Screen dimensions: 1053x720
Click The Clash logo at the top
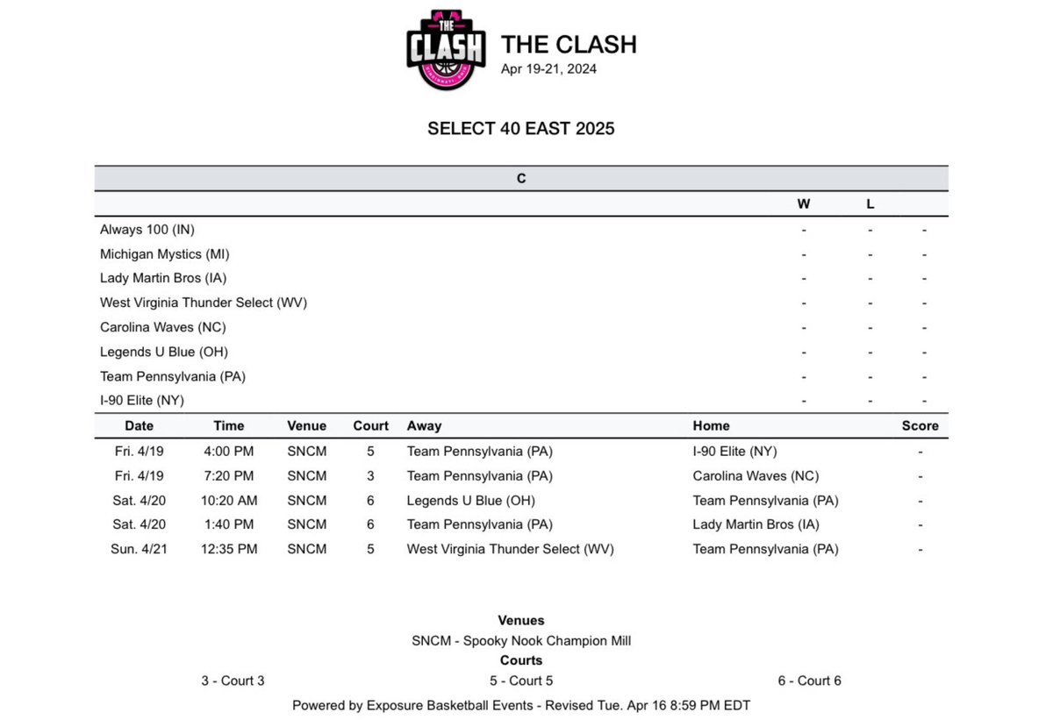coord(446,50)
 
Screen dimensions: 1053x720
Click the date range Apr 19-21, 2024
coord(548,68)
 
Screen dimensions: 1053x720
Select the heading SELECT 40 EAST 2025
coord(521,129)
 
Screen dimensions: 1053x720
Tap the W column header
coord(803,204)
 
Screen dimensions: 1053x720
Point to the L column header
coord(870,204)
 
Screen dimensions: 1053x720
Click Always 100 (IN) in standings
coord(147,230)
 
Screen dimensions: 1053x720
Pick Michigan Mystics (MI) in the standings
coord(165,254)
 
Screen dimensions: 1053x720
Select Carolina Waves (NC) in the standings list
coord(163,327)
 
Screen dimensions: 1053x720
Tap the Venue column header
coord(306,426)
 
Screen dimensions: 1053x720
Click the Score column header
coord(920,426)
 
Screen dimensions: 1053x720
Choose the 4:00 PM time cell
coord(229,452)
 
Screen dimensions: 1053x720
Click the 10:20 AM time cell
coord(229,501)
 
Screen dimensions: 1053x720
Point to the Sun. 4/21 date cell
coord(139,549)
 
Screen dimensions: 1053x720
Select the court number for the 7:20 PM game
coord(370,476)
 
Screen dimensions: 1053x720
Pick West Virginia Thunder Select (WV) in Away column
coord(511,549)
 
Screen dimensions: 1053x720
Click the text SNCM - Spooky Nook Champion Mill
coord(521,640)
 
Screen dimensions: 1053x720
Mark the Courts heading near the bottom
coord(521,660)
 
